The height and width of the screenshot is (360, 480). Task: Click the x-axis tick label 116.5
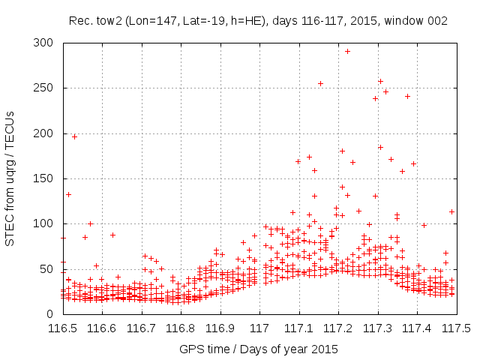(63, 328)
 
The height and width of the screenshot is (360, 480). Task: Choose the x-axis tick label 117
(259, 328)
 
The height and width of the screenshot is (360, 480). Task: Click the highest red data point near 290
(347, 51)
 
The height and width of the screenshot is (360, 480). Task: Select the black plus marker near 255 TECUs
(320, 83)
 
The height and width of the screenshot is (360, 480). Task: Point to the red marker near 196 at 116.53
(74, 136)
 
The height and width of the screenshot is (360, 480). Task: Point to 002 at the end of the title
(437, 21)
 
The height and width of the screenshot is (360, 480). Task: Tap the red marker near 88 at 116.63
(112, 235)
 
